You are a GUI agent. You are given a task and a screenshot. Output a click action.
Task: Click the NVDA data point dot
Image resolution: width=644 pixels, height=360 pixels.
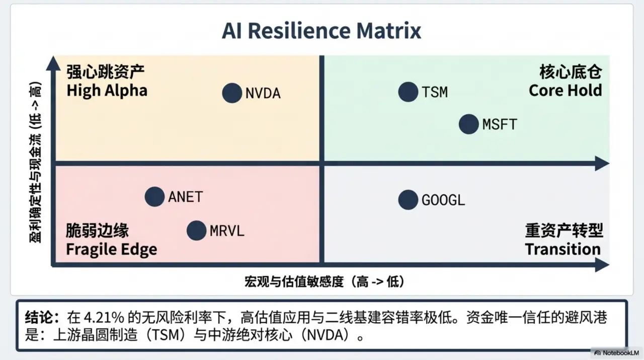(232, 93)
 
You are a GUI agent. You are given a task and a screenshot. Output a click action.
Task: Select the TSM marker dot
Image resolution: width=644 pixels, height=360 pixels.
(408, 92)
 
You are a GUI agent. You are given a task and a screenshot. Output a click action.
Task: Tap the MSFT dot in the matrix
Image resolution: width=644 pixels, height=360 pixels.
(469, 124)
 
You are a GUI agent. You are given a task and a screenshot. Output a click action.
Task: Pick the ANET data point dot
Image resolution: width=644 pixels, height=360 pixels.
(154, 196)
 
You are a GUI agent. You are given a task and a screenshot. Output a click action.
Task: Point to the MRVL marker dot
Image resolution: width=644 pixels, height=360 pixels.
(196, 231)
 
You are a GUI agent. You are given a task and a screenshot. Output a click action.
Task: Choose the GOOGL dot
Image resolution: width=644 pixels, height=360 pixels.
(408, 200)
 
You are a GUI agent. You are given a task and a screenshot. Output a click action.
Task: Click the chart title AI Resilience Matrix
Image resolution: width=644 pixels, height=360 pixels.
(321, 31)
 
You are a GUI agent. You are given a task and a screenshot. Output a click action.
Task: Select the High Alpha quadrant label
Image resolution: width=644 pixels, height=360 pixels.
(107, 91)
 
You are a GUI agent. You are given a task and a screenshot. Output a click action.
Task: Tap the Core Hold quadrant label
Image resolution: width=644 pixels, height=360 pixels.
(566, 90)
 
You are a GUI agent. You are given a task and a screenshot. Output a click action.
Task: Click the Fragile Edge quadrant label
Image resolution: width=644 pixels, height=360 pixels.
(111, 249)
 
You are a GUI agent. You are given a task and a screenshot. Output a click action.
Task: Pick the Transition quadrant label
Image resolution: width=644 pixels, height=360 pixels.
(563, 249)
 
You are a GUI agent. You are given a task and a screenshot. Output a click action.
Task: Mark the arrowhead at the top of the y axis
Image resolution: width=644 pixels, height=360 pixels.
(52, 63)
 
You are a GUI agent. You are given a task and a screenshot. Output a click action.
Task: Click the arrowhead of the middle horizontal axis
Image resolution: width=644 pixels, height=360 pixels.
(602, 163)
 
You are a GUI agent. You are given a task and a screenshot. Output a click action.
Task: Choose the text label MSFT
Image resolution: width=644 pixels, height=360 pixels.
(500, 124)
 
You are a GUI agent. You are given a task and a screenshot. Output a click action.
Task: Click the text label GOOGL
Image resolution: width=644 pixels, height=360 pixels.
(443, 200)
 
